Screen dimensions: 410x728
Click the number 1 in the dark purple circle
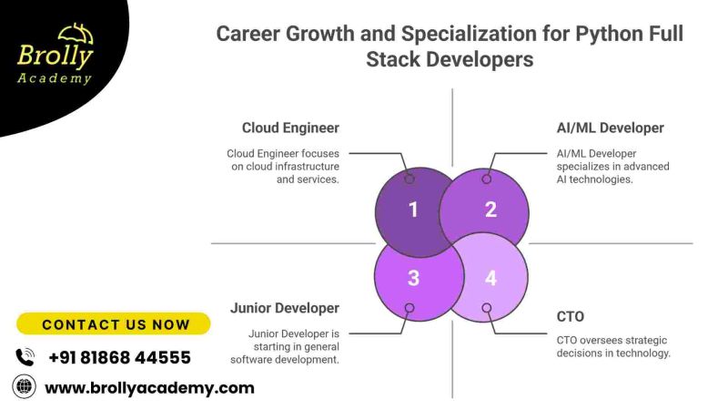pos(413,210)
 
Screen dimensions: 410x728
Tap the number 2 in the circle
pos(490,210)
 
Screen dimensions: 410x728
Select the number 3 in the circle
pos(413,279)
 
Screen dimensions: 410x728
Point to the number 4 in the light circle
pos(490,279)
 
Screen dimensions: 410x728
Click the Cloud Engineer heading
pos(290,128)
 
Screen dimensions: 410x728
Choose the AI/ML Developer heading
pos(611,128)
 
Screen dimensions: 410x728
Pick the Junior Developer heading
pos(285,308)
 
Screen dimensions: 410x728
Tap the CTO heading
pos(571,316)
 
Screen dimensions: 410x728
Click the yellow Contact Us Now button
pos(115,324)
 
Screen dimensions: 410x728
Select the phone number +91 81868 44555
pos(119,357)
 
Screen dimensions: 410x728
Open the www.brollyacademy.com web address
pos(149,388)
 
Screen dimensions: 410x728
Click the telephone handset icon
pos(25,357)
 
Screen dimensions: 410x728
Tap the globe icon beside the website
pos(24,387)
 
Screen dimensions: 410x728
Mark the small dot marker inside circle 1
pos(409,179)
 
